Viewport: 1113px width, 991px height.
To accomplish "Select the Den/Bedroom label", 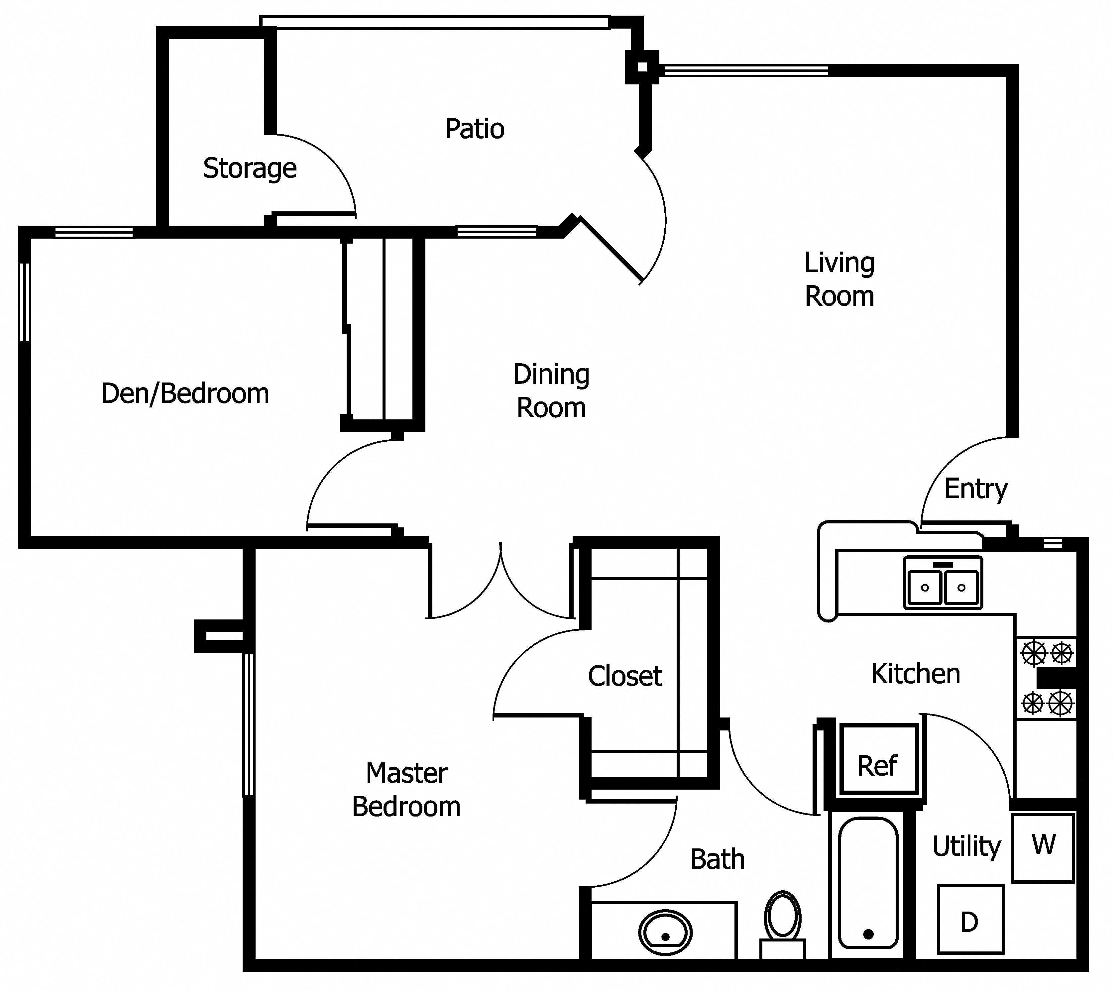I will [x=185, y=394].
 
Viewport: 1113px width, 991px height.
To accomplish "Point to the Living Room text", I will [x=839, y=280].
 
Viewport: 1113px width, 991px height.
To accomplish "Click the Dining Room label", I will [x=551, y=391].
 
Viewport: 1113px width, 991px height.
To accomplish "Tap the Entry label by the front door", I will [x=975, y=489].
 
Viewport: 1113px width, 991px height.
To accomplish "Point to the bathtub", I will [x=868, y=885].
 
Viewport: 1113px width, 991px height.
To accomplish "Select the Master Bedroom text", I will [x=406, y=790].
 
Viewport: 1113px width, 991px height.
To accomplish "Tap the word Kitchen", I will [x=915, y=674].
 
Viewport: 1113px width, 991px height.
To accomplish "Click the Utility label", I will [x=966, y=847].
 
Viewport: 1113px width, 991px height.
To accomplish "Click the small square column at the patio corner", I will [x=642, y=67].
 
